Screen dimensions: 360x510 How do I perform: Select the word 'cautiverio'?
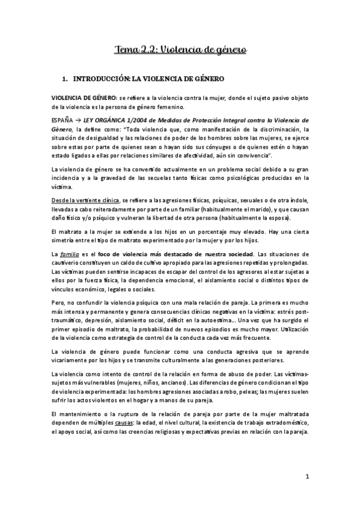point(66,265)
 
